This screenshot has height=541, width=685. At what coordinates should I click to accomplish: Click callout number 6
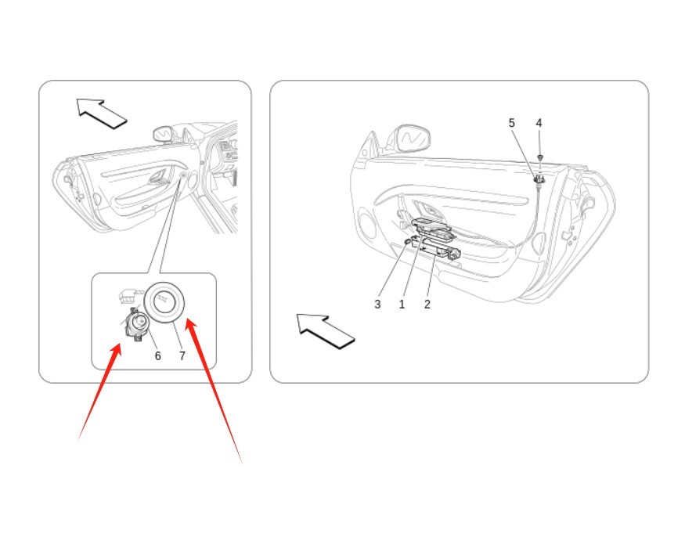(x=157, y=355)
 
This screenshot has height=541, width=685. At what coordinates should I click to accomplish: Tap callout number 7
(x=182, y=355)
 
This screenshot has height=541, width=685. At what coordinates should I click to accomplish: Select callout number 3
(x=377, y=304)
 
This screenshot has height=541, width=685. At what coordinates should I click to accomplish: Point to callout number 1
(x=402, y=304)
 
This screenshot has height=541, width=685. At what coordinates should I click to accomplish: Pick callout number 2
(x=427, y=304)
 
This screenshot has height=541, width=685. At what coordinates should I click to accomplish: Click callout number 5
(x=511, y=123)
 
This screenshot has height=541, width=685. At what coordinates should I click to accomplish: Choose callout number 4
(x=539, y=123)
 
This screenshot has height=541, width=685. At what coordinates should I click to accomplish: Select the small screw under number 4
(x=540, y=157)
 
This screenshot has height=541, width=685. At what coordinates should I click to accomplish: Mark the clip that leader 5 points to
(x=539, y=179)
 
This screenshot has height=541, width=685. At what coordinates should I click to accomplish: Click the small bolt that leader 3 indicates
(x=407, y=241)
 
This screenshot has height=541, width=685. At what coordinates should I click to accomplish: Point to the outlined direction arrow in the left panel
(x=101, y=114)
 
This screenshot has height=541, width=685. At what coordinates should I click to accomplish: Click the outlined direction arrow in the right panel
(x=325, y=331)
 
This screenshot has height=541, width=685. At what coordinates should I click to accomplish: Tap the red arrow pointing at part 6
(x=99, y=391)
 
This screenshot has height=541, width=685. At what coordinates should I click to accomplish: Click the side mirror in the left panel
(x=163, y=134)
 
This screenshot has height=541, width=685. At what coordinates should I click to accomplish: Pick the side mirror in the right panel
(x=411, y=139)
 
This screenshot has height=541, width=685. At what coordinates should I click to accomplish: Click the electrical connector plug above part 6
(x=131, y=296)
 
